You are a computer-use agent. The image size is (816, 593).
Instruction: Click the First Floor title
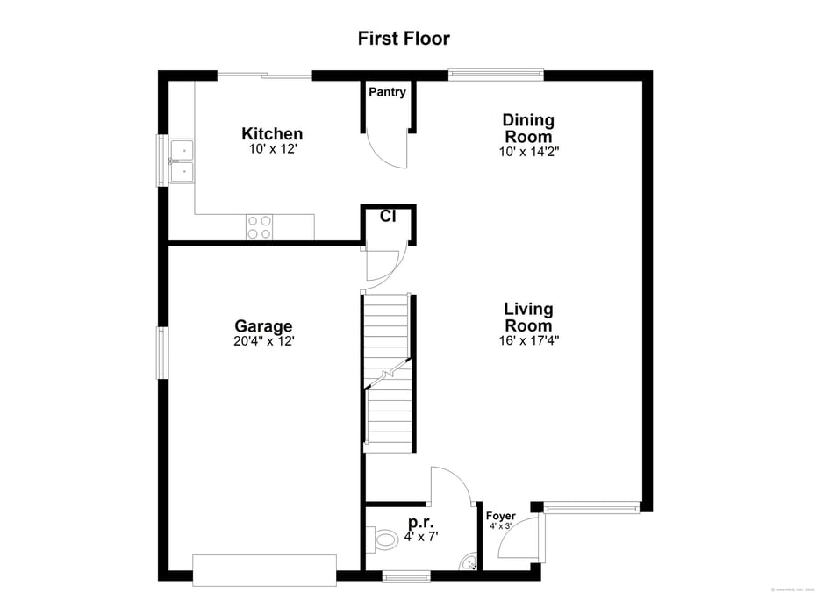[x=404, y=39]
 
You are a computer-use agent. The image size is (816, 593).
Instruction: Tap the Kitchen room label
[x=272, y=134]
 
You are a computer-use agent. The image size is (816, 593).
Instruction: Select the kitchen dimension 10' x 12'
[x=272, y=149]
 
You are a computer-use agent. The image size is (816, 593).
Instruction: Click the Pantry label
[x=387, y=92]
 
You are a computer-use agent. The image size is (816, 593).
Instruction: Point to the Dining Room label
[x=528, y=128]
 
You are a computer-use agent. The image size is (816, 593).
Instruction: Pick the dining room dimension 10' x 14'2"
[x=528, y=151]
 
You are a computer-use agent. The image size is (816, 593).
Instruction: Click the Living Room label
[x=528, y=317]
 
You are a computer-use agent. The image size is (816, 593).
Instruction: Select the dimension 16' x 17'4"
[x=528, y=340]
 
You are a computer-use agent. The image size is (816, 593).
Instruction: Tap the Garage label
[x=263, y=326]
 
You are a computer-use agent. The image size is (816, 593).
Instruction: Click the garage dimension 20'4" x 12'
[x=263, y=341]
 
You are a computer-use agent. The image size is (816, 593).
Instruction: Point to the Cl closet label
[x=387, y=216]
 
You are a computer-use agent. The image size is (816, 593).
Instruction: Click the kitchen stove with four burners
[x=260, y=227]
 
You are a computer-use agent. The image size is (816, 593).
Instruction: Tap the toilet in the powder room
[x=384, y=539]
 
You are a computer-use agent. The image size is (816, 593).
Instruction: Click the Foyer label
[x=500, y=516]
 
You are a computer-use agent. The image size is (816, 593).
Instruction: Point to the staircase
[x=388, y=373]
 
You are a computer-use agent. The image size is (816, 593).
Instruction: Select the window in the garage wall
[x=162, y=353]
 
